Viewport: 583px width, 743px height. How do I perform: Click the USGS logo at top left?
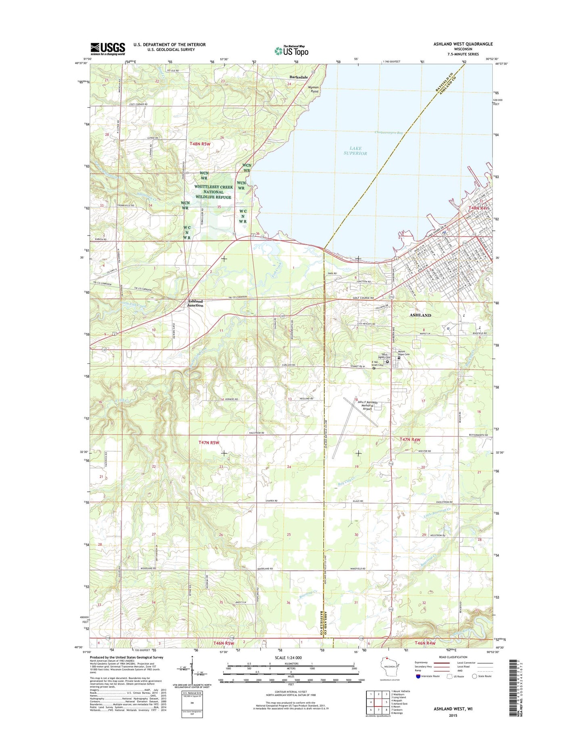(x=108, y=48)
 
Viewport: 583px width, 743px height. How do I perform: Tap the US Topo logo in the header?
(x=291, y=51)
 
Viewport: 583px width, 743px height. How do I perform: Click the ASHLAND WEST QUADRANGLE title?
(x=463, y=44)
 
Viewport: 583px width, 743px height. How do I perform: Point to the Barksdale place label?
(x=299, y=77)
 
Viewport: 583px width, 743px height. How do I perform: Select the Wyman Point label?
(x=313, y=89)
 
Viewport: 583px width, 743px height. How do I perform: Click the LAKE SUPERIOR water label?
(x=355, y=151)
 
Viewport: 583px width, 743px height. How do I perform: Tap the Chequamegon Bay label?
(x=389, y=132)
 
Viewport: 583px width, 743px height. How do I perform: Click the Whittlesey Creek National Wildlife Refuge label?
(x=213, y=192)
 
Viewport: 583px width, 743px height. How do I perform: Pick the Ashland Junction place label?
(x=195, y=303)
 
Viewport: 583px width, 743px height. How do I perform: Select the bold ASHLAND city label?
(x=420, y=315)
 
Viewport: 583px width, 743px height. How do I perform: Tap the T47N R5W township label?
(x=209, y=442)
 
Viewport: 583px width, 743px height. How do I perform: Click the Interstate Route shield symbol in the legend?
(x=418, y=676)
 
